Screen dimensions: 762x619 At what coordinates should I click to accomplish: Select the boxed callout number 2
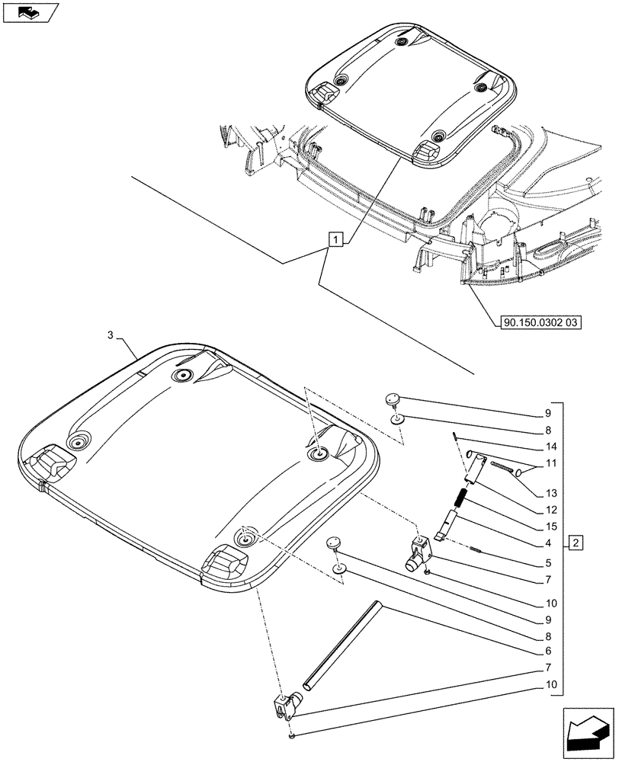pyautogui.click(x=576, y=543)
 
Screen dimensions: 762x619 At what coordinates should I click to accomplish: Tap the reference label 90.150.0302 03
pyautogui.click(x=541, y=323)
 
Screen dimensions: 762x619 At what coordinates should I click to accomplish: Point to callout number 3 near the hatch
pyautogui.click(x=111, y=335)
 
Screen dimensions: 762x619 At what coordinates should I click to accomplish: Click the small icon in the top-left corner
pyautogui.click(x=30, y=11)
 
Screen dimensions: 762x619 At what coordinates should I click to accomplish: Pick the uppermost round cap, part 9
pyautogui.click(x=393, y=399)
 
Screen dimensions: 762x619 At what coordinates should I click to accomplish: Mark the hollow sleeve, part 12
pyautogui.click(x=473, y=465)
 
